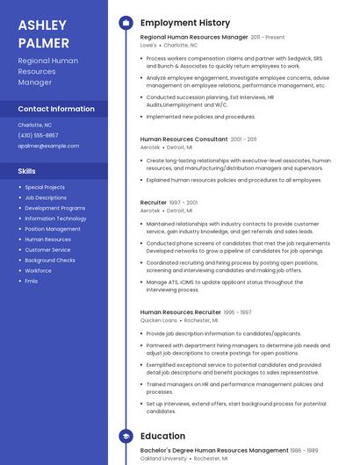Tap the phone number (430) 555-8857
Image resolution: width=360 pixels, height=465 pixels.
[x=38, y=135]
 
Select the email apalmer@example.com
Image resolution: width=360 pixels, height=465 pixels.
[x=48, y=146]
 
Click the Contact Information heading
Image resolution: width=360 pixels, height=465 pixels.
[x=56, y=109]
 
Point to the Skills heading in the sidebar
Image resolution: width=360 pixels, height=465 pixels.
[x=27, y=171]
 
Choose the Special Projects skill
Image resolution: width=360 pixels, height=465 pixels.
[x=45, y=187]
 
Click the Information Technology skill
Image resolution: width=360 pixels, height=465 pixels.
[x=55, y=218]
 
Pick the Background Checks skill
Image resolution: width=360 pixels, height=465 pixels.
[x=50, y=260]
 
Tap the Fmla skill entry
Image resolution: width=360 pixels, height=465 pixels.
[x=32, y=281]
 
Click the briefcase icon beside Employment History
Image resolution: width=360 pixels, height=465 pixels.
[x=126, y=23]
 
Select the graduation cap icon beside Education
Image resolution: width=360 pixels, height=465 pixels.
[x=126, y=436]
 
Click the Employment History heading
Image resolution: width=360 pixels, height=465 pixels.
[x=184, y=23]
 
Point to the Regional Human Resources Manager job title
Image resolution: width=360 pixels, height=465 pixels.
[x=194, y=38]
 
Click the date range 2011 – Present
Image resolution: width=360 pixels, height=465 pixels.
[x=268, y=38]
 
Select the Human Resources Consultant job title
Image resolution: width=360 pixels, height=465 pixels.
[x=184, y=139]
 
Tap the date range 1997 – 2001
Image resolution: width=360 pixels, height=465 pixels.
[x=184, y=203]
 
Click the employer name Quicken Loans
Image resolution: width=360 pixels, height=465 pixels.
[x=158, y=320]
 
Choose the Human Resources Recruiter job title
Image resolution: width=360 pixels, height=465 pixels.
[x=181, y=312]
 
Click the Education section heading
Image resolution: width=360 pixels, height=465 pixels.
[x=162, y=436]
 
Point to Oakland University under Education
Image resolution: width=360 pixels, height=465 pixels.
[x=163, y=458]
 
